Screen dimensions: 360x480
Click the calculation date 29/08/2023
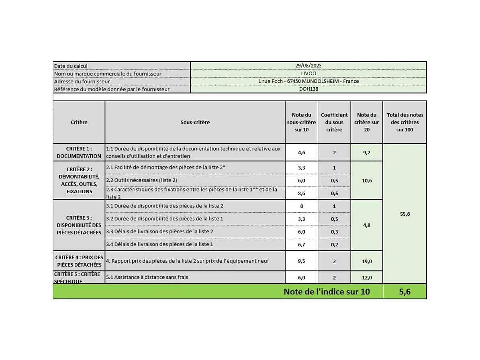[x=308, y=66]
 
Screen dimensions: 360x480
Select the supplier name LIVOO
[x=308, y=74]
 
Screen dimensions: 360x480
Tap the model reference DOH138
[x=308, y=89]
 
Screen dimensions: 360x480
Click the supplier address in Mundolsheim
[x=308, y=81]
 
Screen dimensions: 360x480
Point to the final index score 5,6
[x=404, y=292]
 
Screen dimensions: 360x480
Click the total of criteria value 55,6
[x=405, y=214]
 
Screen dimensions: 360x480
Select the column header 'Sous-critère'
[x=195, y=122]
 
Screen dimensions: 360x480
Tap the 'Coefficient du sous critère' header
[x=334, y=122]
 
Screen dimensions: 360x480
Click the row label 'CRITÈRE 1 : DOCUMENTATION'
[x=79, y=152]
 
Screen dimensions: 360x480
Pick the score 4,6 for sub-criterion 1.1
[x=302, y=153]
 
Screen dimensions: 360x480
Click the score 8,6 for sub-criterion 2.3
[x=302, y=193]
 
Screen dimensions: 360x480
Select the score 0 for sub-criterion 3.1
[x=302, y=206]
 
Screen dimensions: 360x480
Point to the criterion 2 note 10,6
[x=367, y=181]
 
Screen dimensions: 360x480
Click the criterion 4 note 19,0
[x=367, y=261]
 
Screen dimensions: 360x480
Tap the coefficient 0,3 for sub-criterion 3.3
[x=334, y=232]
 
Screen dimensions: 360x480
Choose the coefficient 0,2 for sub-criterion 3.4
[x=334, y=244]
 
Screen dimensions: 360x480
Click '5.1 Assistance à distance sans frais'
[x=147, y=277]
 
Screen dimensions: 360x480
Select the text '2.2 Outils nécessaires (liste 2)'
[x=141, y=180]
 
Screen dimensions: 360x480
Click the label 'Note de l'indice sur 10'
[x=327, y=292]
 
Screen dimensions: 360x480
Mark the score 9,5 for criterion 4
[x=302, y=261]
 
